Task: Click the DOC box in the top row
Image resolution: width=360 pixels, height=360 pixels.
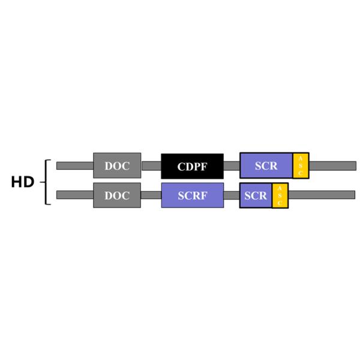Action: (117, 166)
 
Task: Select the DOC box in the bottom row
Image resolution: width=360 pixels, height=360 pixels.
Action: (117, 195)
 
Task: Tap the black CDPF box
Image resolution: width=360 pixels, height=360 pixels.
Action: (192, 166)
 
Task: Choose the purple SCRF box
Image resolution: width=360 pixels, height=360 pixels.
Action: (192, 195)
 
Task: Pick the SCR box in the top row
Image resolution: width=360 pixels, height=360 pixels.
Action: (266, 166)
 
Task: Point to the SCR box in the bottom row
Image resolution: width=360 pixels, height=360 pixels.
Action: (256, 195)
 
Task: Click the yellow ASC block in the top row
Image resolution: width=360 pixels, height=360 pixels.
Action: (301, 166)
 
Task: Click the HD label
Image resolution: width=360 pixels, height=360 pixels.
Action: (22, 182)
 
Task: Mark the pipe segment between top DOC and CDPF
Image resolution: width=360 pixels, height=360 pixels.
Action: (151, 166)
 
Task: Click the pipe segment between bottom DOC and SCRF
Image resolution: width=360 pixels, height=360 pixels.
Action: (151, 195)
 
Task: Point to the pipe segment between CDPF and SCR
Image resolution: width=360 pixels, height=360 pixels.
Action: (232, 166)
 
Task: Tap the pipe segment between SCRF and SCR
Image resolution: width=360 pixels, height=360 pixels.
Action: (232, 195)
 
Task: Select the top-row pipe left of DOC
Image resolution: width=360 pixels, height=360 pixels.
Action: (74, 166)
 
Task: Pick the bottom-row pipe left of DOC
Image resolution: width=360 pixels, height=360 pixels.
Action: (74, 195)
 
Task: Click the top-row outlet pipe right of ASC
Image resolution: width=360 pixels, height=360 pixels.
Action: (332, 166)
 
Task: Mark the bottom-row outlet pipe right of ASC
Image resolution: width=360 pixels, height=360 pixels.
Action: (322, 195)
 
